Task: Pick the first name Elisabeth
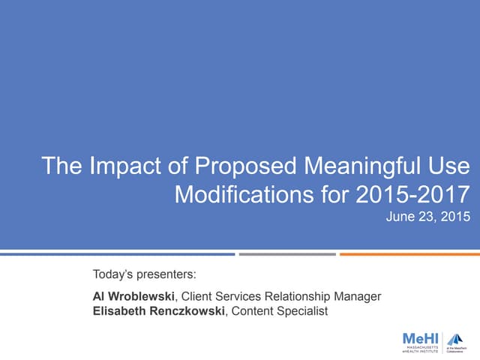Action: click(x=119, y=311)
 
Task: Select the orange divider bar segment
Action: click(x=409, y=254)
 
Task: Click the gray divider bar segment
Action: click(x=287, y=254)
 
